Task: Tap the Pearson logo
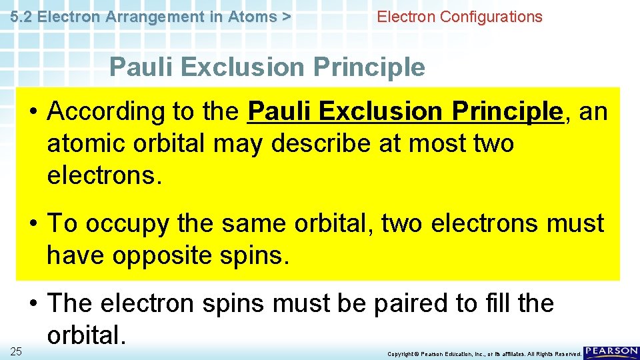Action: point(611,351)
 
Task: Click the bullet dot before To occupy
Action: point(33,224)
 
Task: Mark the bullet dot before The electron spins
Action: point(33,304)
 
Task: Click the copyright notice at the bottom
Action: point(484,354)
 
